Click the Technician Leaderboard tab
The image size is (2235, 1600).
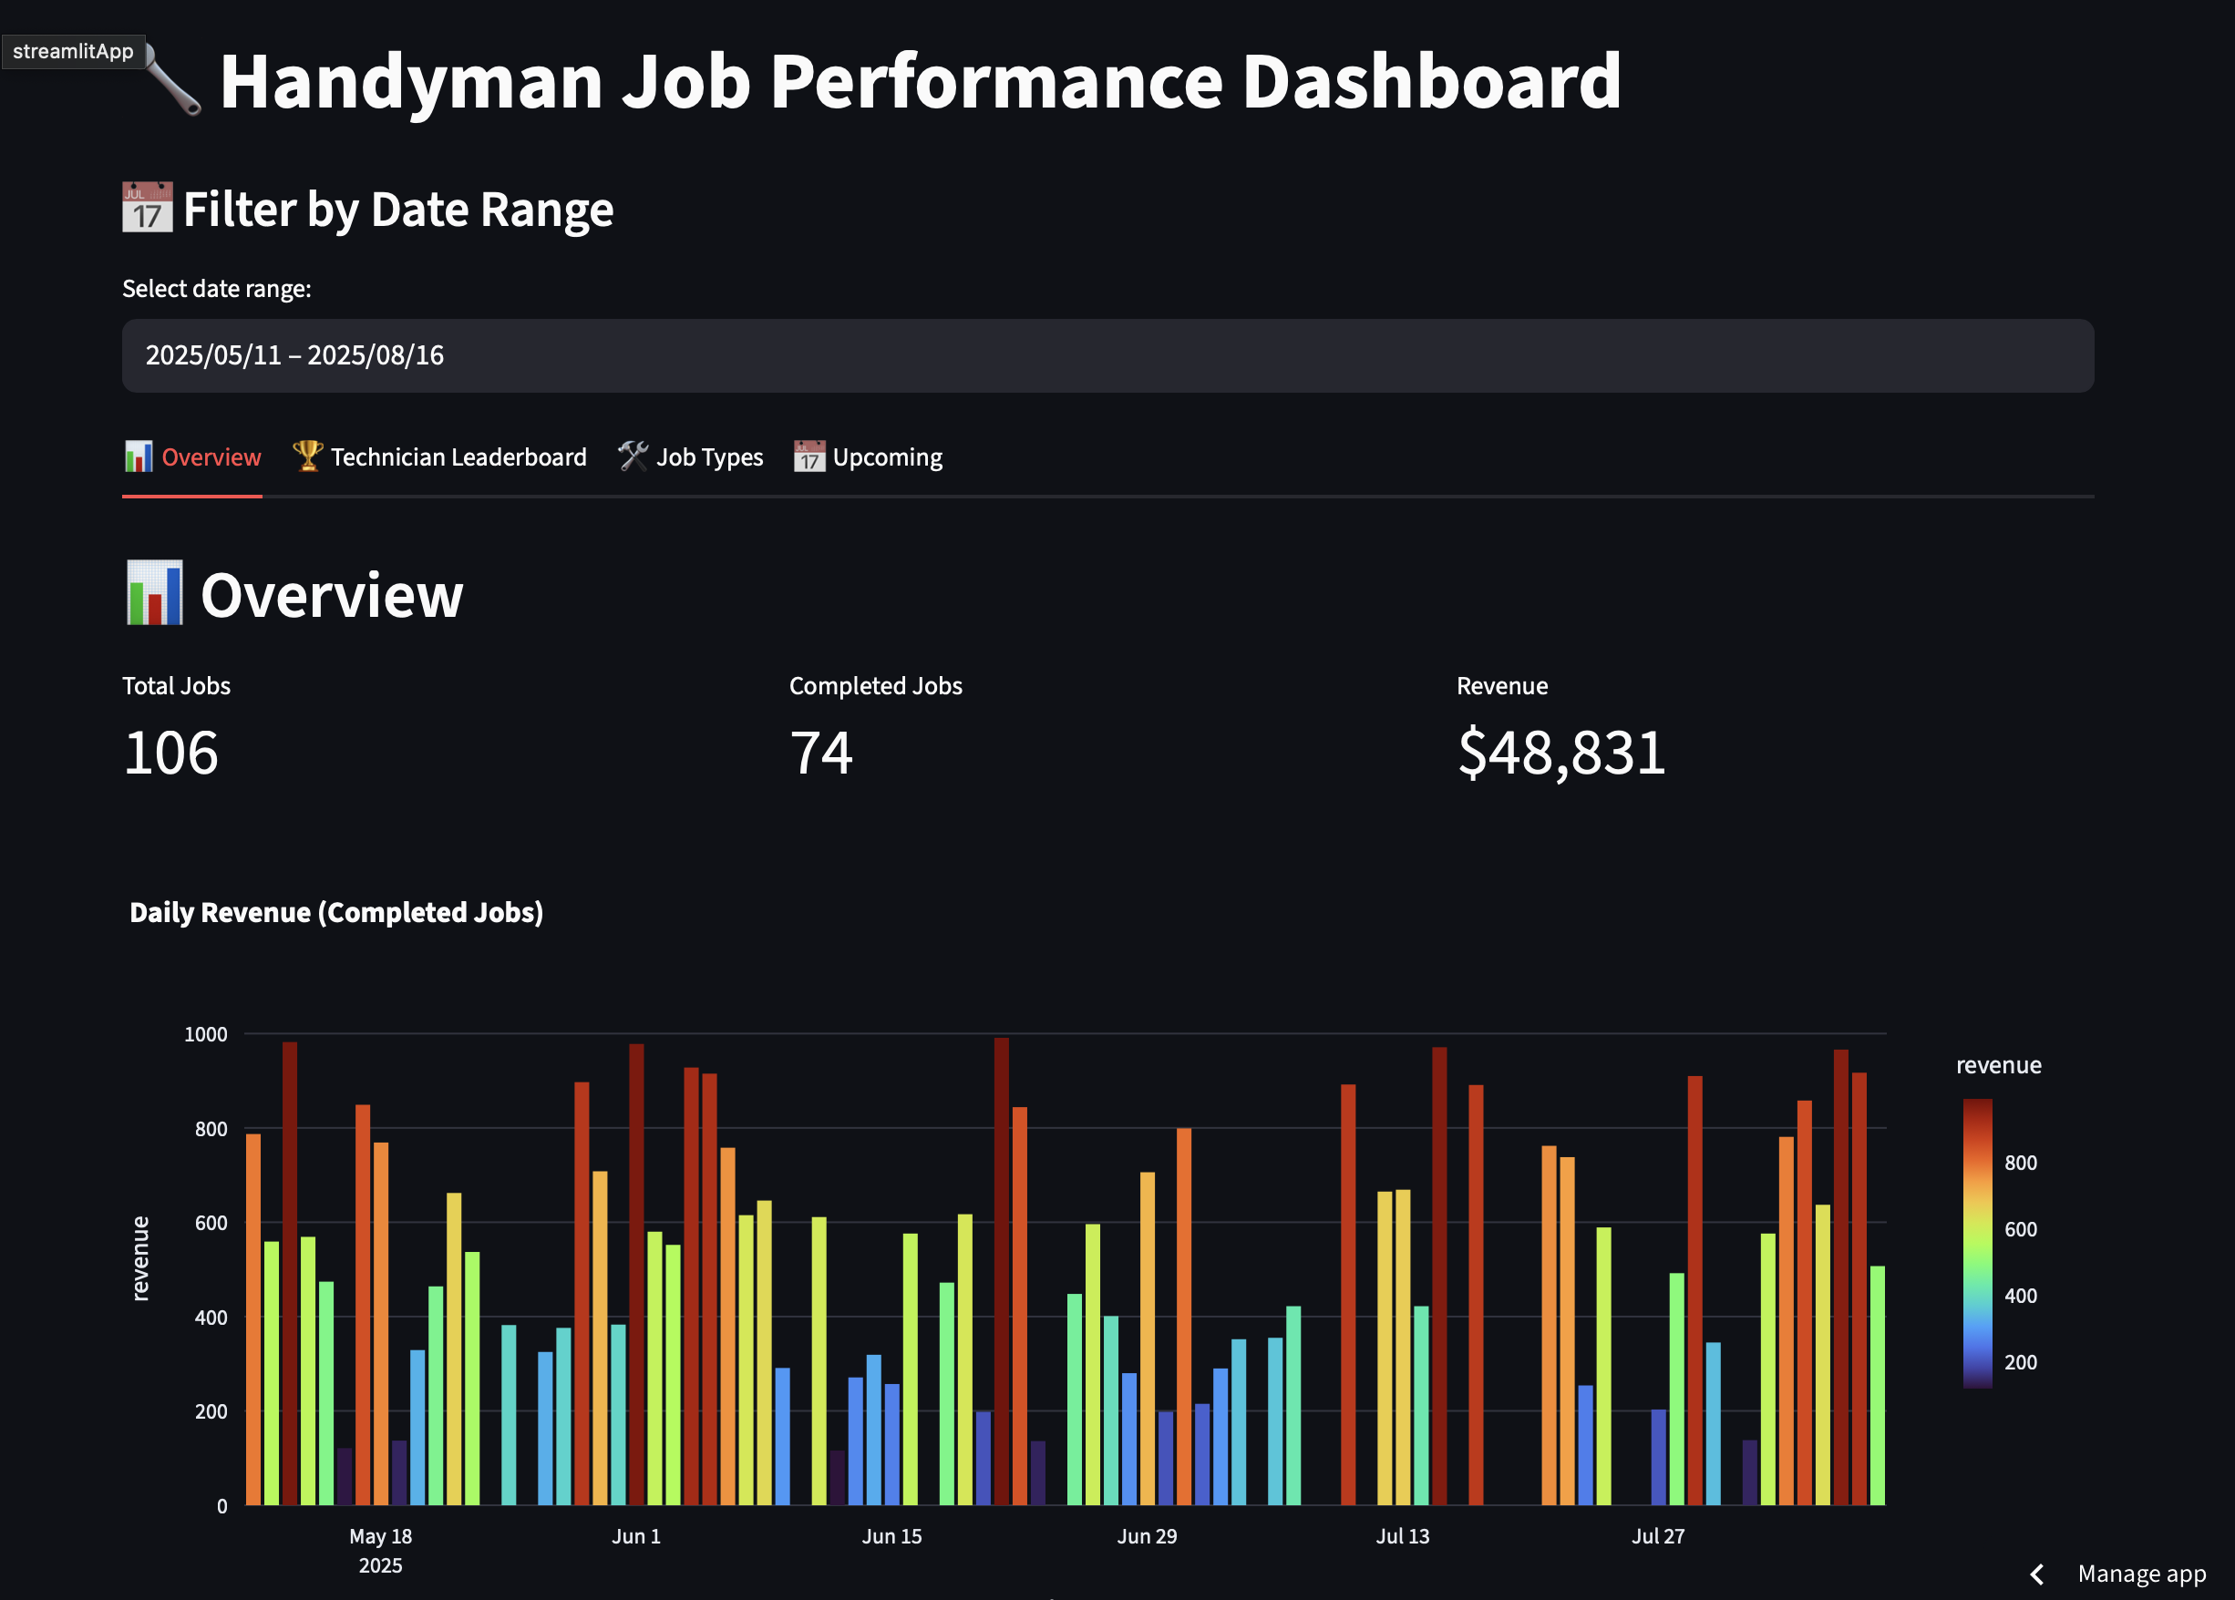[x=439, y=457]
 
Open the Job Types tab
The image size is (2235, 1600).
[x=691, y=457]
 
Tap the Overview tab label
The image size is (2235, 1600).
[x=193, y=457]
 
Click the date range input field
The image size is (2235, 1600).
[x=1107, y=355]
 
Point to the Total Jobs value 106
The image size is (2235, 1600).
[x=170, y=754]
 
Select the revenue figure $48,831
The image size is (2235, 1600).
[x=1561, y=754]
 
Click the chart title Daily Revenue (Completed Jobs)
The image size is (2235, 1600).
[x=336, y=912]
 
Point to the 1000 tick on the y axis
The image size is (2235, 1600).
[x=206, y=1034]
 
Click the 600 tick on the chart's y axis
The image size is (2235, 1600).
[x=211, y=1224]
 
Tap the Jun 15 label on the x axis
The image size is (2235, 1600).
[x=891, y=1536]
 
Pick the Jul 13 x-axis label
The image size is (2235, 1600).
[x=1402, y=1536]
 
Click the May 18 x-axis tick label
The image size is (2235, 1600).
[x=380, y=1536]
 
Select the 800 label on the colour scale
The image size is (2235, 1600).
[x=2020, y=1163]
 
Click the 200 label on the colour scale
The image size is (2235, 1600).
[x=2020, y=1362]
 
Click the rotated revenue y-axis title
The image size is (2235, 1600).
[x=141, y=1258]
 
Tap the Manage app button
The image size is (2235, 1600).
[x=2140, y=1574]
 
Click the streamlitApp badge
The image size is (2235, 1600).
[x=73, y=51]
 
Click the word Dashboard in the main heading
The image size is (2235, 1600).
[x=1431, y=81]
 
